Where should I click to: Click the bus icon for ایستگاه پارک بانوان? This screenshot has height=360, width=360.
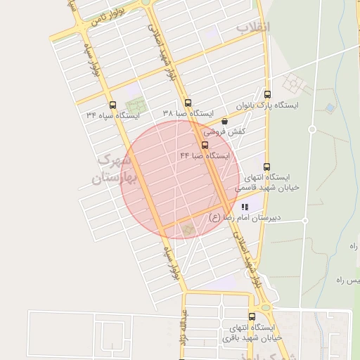(266, 95)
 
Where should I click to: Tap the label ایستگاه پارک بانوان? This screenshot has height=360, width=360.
(286, 105)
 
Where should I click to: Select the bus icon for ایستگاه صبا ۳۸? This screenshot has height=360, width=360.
(188, 103)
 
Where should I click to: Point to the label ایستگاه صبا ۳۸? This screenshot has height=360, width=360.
(188, 113)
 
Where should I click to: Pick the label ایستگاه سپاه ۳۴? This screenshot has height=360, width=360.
(113, 114)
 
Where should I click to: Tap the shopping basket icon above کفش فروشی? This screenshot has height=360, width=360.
(224, 121)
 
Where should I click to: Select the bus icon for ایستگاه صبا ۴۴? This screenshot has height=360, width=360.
(205, 144)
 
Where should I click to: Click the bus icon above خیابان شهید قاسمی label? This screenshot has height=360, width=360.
(266, 167)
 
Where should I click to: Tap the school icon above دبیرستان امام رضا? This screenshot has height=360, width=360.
(245, 207)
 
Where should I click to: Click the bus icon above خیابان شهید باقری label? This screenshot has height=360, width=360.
(252, 317)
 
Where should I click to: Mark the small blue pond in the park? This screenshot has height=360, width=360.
(328, 108)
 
